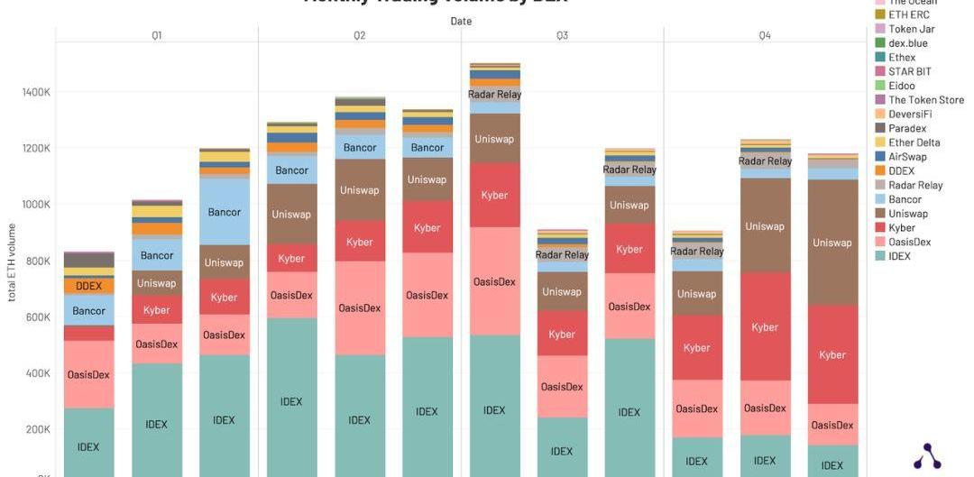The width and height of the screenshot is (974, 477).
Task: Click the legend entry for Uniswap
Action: point(907,214)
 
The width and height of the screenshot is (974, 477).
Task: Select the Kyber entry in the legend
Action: point(901,228)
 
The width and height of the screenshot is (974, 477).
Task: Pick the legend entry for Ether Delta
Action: point(914,142)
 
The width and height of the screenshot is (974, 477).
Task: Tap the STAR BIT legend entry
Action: point(909,71)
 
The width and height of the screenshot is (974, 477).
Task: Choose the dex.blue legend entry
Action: point(907,43)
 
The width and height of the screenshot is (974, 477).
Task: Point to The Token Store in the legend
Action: point(925,100)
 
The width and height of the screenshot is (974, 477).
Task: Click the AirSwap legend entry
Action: point(906,157)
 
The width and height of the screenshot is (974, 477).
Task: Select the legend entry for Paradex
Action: point(906,128)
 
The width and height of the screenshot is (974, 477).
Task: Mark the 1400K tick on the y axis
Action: point(36,92)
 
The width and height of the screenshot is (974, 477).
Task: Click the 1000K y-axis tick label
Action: point(36,205)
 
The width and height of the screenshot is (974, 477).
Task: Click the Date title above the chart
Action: point(461,21)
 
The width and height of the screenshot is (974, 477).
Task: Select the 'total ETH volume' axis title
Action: point(13,262)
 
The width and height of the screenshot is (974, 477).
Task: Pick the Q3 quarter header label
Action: point(562,36)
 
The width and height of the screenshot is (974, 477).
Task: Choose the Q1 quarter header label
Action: point(156,36)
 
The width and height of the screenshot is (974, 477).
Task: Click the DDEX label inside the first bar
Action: point(88,286)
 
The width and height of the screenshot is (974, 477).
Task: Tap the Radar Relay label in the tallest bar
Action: point(494,95)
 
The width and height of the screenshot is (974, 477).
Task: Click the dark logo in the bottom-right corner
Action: point(927,457)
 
